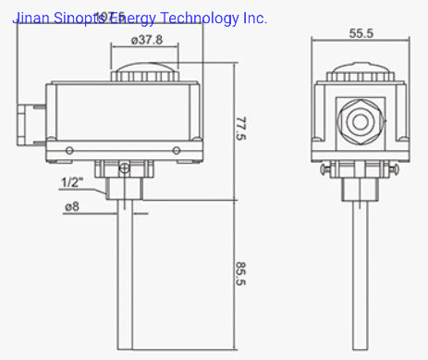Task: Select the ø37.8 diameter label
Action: (147, 40)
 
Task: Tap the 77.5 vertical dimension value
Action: (242, 130)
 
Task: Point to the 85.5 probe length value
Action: (242, 274)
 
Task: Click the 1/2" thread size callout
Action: (72, 181)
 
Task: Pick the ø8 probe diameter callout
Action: (71, 207)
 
